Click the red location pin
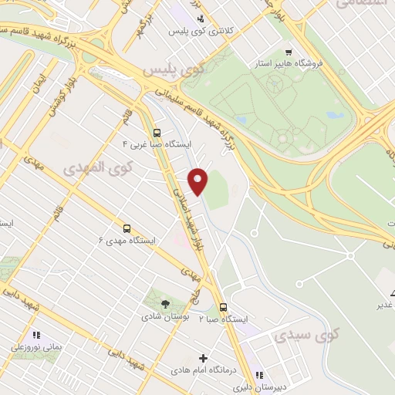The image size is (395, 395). coord(199,181)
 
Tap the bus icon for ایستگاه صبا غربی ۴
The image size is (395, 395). coord(157,132)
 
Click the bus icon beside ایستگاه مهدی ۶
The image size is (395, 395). coord(127,228)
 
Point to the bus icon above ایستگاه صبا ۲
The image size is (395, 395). coord(223,306)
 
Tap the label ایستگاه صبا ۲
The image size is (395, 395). coord(223,319)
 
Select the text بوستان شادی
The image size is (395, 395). coord(161,317)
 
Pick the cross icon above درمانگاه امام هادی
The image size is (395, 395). coord(203,359)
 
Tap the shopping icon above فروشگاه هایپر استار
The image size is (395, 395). coord(288,52)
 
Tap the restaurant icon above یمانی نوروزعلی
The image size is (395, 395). coord(35,335)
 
